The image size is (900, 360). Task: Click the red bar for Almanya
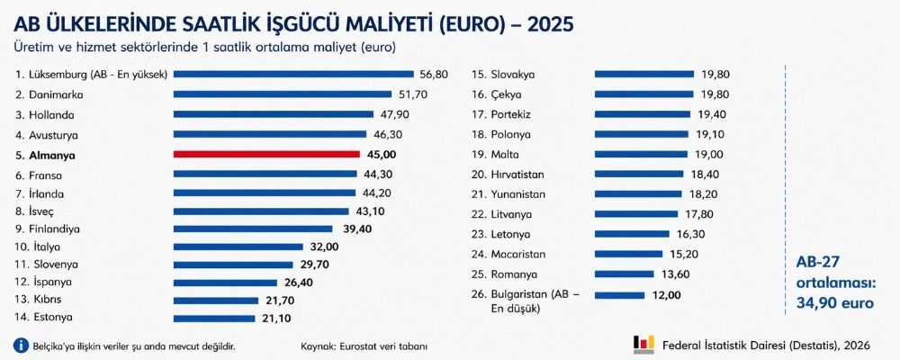click(266, 155)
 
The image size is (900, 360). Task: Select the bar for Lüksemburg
click(292, 74)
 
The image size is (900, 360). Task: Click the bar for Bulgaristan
click(619, 294)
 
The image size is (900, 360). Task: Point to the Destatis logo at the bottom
click(643, 343)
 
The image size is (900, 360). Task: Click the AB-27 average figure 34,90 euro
click(834, 303)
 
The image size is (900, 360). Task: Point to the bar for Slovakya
click(644, 74)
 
